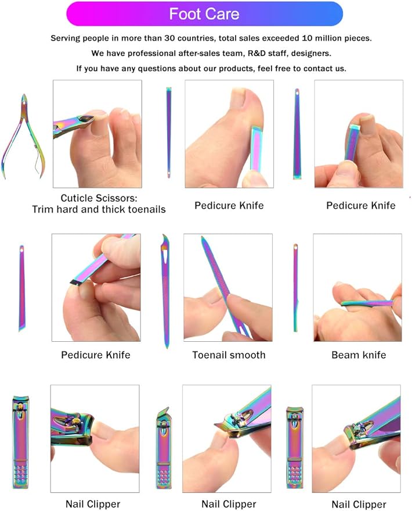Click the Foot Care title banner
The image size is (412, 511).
click(x=204, y=14)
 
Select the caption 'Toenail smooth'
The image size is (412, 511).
click(x=229, y=355)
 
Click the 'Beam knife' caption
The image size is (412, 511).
click(x=358, y=355)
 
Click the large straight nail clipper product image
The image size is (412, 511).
click(x=21, y=441)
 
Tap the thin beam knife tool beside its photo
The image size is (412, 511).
click(x=295, y=287)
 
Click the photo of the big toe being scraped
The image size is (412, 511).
click(x=229, y=134)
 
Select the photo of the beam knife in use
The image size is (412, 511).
click(x=357, y=287)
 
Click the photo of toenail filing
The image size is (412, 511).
click(x=228, y=287)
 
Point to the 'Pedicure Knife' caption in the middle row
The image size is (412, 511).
click(x=96, y=355)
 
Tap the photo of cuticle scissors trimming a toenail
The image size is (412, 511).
click(x=97, y=134)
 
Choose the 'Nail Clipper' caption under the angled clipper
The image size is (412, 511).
click(x=229, y=504)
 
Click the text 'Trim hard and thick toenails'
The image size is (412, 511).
click(x=99, y=209)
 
